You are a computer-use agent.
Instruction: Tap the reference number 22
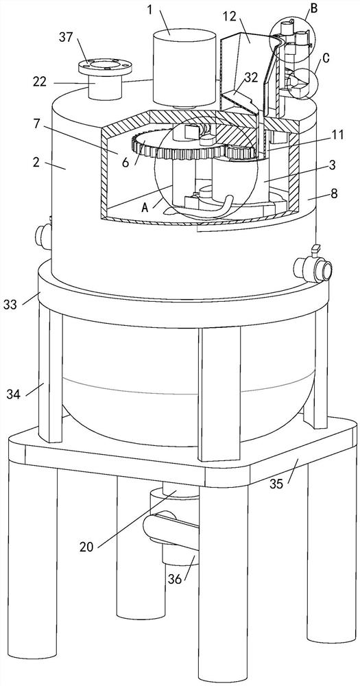point(39,82)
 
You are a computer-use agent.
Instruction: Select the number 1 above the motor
point(150,10)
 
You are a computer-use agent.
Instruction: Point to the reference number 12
point(229,16)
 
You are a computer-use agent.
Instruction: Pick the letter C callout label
point(326,58)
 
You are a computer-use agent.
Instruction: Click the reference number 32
point(250,77)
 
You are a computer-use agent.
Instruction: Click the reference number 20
point(87,547)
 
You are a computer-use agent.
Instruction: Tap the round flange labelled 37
point(105,67)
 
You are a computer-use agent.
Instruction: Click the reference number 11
point(338,135)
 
